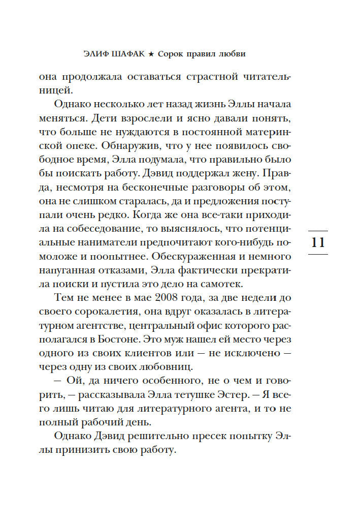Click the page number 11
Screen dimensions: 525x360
pos(318,242)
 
